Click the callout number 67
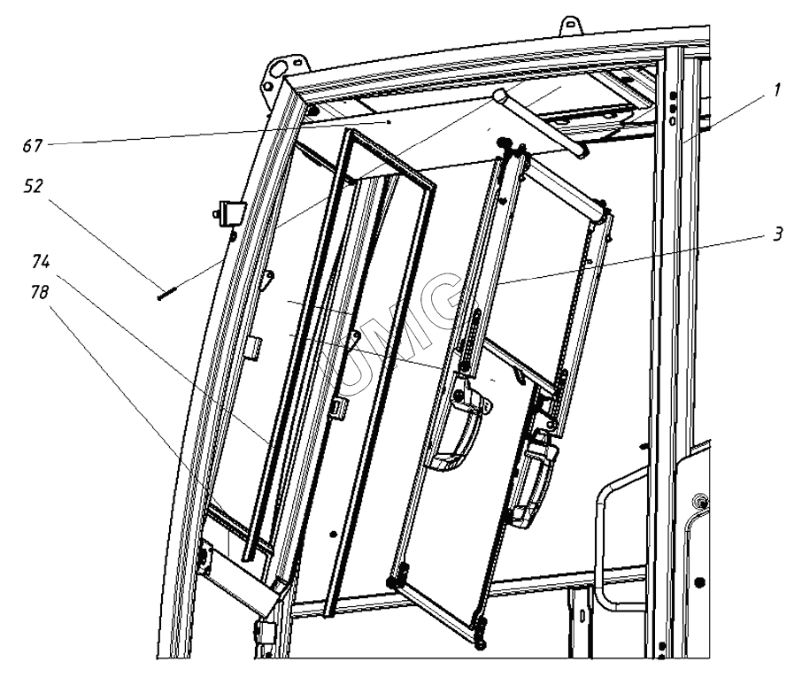click(x=32, y=146)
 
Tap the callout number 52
click(x=34, y=186)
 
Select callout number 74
click(x=41, y=262)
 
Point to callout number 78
click(x=39, y=292)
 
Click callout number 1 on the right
click(x=776, y=90)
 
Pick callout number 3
click(x=777, y=235)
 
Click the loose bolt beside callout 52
click(x=166, y=295)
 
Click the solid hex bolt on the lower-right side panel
click(x=699, y=582)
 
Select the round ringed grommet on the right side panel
click(x=698, y=500)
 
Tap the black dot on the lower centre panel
click(x=333, y=535)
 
